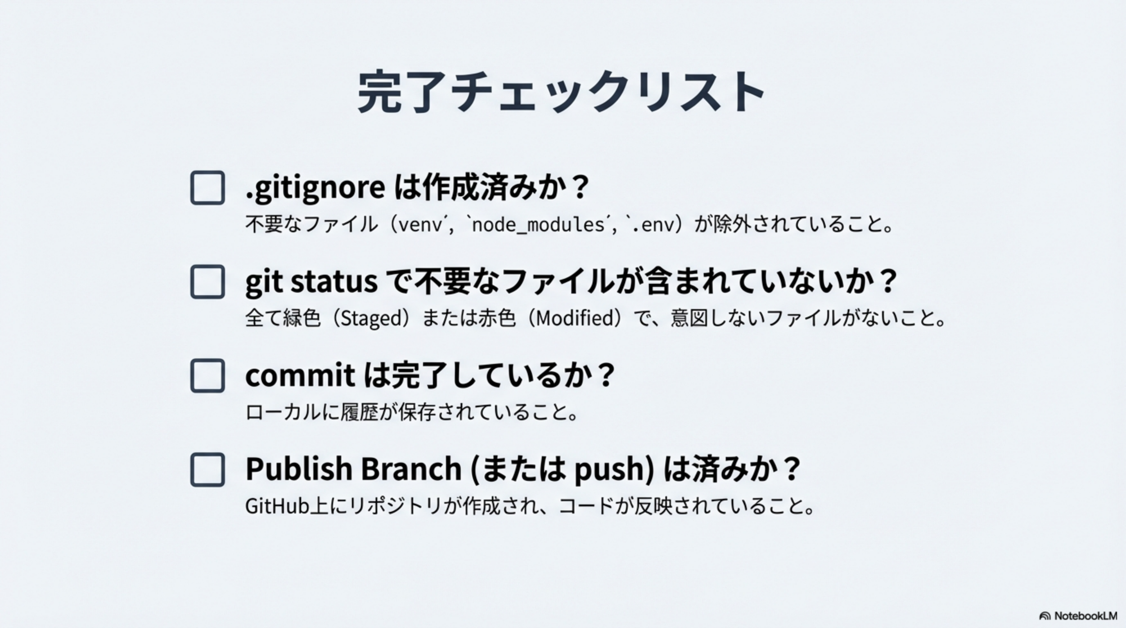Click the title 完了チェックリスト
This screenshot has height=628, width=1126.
pyautogui.click(x=562, y=92)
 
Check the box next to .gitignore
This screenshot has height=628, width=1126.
pyautogui.click(x=207, y=188)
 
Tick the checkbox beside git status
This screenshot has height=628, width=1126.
pyautogui.click(x=207, y=282)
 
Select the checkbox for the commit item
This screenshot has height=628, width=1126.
pyautogui.click(x=207, y=376)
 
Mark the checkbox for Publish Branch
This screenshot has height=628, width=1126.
pyautogui.click(x=207, y=469)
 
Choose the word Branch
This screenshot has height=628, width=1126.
pyautogui.click(x=411, y=469)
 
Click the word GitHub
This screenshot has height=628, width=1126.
pyautogui.click(x=277, y=506)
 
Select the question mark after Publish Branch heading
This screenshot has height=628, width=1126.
pyautogui.click(x=792, y=469)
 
